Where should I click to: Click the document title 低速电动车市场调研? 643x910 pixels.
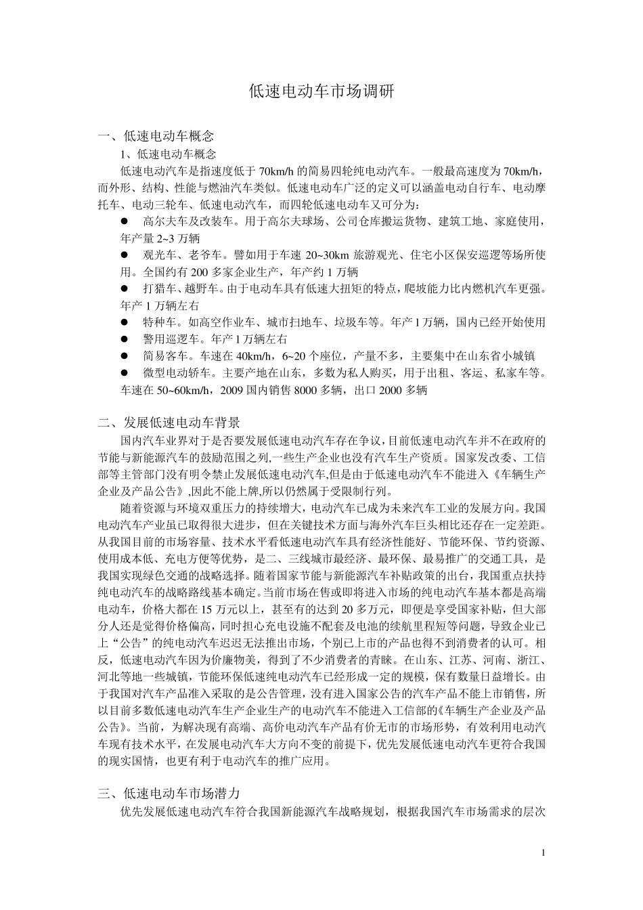[x=321, y=91]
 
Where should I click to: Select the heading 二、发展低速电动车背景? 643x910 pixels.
[x=169, y=424]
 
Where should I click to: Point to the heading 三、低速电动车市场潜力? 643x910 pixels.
[x=169, y=793]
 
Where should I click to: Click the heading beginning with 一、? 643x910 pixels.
[x=156, y=136]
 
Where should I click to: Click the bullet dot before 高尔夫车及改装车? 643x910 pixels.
[x=125, y=221]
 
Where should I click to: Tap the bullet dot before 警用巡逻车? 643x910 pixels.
[x=125, y=339]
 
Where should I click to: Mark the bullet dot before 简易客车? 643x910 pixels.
[x=125, y=356]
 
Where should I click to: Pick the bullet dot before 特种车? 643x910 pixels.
[x=125, y=323]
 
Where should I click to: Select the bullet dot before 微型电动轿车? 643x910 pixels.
[x=125, y=373]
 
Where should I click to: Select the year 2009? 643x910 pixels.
[x=239, y=390]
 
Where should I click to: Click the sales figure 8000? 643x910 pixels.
[x=309, y=390]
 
